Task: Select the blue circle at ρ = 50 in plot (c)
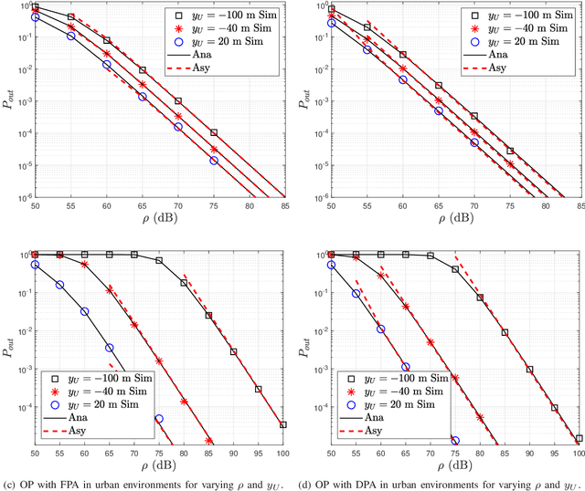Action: tap(35, 265)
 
